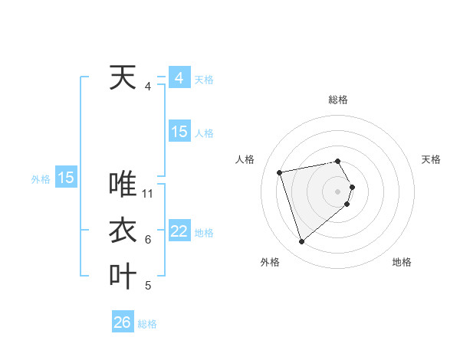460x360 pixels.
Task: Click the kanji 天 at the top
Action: tap(123, 77)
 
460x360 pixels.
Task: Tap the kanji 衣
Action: tap(123, 231)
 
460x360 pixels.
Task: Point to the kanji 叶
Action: tap(123, 277)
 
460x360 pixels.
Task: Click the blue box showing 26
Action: tap(123, 322)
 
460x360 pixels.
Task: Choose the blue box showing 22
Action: tap(179, 231)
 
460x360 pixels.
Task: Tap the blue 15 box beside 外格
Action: tap(66, 178)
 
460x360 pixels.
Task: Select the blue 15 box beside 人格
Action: tap(179, 132)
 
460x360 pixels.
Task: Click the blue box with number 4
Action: tap(179, 78)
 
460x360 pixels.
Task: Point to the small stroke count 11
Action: tap(149, 194)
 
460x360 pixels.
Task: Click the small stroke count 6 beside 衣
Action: tap(148, 240)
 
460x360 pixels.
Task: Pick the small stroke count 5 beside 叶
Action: tap(148, 286)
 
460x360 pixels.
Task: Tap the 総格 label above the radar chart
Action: tap(337, 100)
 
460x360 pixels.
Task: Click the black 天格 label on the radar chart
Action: tap(431, 159)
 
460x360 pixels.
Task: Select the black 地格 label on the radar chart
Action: tap(402, 262)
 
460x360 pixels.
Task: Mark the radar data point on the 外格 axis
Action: tap(301, 242)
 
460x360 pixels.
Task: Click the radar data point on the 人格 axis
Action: tap(280, 172)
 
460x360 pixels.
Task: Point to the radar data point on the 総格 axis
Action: tap(337, 161)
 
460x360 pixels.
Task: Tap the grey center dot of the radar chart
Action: tap(337, 191)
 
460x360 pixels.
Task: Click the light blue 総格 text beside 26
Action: tap(147, 323)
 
